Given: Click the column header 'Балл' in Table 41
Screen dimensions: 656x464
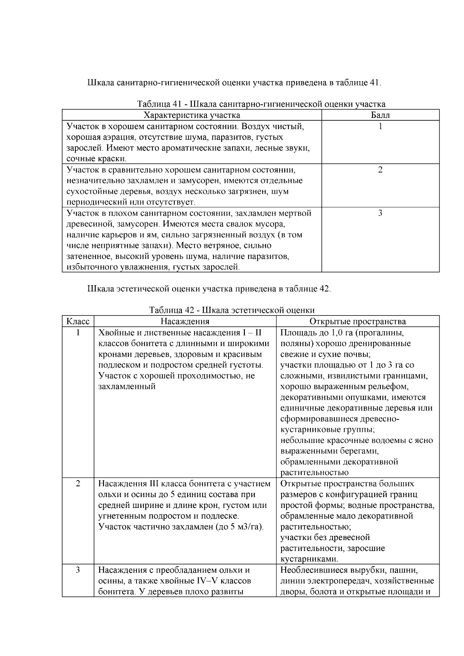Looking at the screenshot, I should click(x=380, y=115).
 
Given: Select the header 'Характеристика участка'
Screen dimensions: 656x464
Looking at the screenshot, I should click(x=192, y=115).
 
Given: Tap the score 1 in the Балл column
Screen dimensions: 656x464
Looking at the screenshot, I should click(x=380, y=126).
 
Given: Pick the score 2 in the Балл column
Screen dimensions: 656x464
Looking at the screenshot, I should click(x=380, y=170).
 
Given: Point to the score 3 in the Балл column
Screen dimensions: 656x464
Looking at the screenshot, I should click(x=380, y=213).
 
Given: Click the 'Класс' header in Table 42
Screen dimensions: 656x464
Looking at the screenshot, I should click(x=78, y=322).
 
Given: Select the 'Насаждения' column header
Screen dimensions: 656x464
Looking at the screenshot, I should click(x=185, y=322).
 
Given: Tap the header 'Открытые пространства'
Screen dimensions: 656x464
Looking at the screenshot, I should click(x=358, y=322).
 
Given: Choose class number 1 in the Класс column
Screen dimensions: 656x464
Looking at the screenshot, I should click(x=78, y=332).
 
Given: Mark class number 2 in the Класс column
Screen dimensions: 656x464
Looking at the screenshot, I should click(x=78, y=484).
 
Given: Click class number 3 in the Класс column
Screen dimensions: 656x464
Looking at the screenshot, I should click(x=78, y=570).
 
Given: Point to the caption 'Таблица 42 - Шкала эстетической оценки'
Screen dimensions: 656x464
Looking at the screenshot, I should click(x=232, y=310).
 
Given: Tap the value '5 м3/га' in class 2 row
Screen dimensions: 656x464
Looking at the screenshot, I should click(x=246, y=527).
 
